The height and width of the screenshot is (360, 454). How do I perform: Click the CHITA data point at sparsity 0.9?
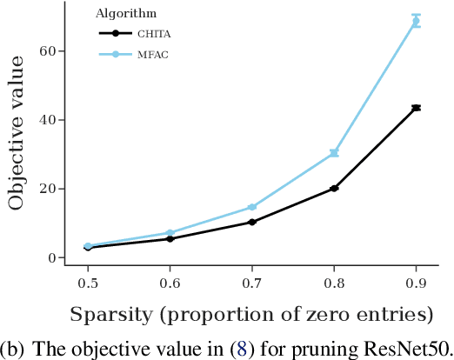click(416, 108)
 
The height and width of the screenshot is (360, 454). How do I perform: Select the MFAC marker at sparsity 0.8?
click(334, 153)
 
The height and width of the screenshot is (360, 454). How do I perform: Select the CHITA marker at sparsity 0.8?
click(334, 188)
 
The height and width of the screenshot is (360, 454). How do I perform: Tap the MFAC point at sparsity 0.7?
click(252, 207)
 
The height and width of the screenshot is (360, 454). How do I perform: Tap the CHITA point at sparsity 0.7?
click(252, 222)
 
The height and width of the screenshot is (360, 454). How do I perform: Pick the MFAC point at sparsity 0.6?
click(170, 233)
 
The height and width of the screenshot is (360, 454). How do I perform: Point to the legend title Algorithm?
click(125, 14)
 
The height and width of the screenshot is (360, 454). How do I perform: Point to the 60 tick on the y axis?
click(48, 51)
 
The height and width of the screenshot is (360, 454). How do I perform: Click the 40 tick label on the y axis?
click(48, 120)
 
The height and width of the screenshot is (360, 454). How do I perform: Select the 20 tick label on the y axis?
click(48, 189)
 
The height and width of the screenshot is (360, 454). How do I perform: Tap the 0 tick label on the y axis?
click(51, 257)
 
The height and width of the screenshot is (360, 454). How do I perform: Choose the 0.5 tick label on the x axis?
click(88, 283)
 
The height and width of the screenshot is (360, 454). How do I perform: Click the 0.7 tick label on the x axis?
click(252, 283)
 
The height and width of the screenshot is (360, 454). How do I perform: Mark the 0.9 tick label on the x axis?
click(416, 283)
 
